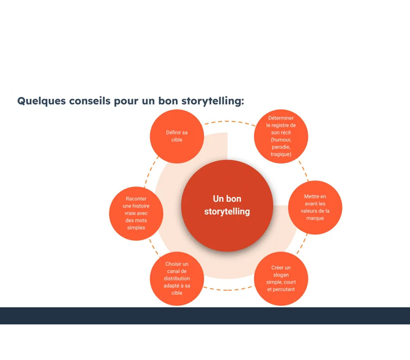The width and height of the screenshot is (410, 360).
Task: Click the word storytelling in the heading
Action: tap(213, 101)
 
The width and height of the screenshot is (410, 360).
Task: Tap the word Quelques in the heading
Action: tap(41, 101)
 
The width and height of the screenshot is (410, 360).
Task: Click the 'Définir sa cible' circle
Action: tap(177, 136)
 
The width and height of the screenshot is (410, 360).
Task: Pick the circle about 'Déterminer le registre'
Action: tap(281, 136)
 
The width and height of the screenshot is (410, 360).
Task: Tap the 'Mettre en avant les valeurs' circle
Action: tap(315, 208)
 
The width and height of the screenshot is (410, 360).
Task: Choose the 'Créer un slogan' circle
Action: tap(281, 278)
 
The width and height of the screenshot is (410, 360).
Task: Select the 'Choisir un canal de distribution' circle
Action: tap(177, 278)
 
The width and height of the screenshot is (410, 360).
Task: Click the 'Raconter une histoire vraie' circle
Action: tap(136, 214)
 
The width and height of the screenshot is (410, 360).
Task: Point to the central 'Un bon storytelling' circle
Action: tap(227, 206)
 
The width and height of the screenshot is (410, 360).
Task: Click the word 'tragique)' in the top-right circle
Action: tap(281, 154)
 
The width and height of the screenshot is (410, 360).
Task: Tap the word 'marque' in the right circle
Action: tap(315, 218)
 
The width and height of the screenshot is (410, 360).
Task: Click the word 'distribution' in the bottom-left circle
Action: tap(177, 278)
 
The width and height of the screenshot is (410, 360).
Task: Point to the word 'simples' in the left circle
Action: tap(136, 228)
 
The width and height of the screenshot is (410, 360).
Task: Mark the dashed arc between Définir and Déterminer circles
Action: tap(229, 122)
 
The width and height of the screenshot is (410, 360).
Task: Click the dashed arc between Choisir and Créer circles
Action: tap(227, 290)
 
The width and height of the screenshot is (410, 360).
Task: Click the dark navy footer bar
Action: tap(205, 316)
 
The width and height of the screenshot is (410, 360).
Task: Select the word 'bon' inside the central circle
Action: tap(234, 199)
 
